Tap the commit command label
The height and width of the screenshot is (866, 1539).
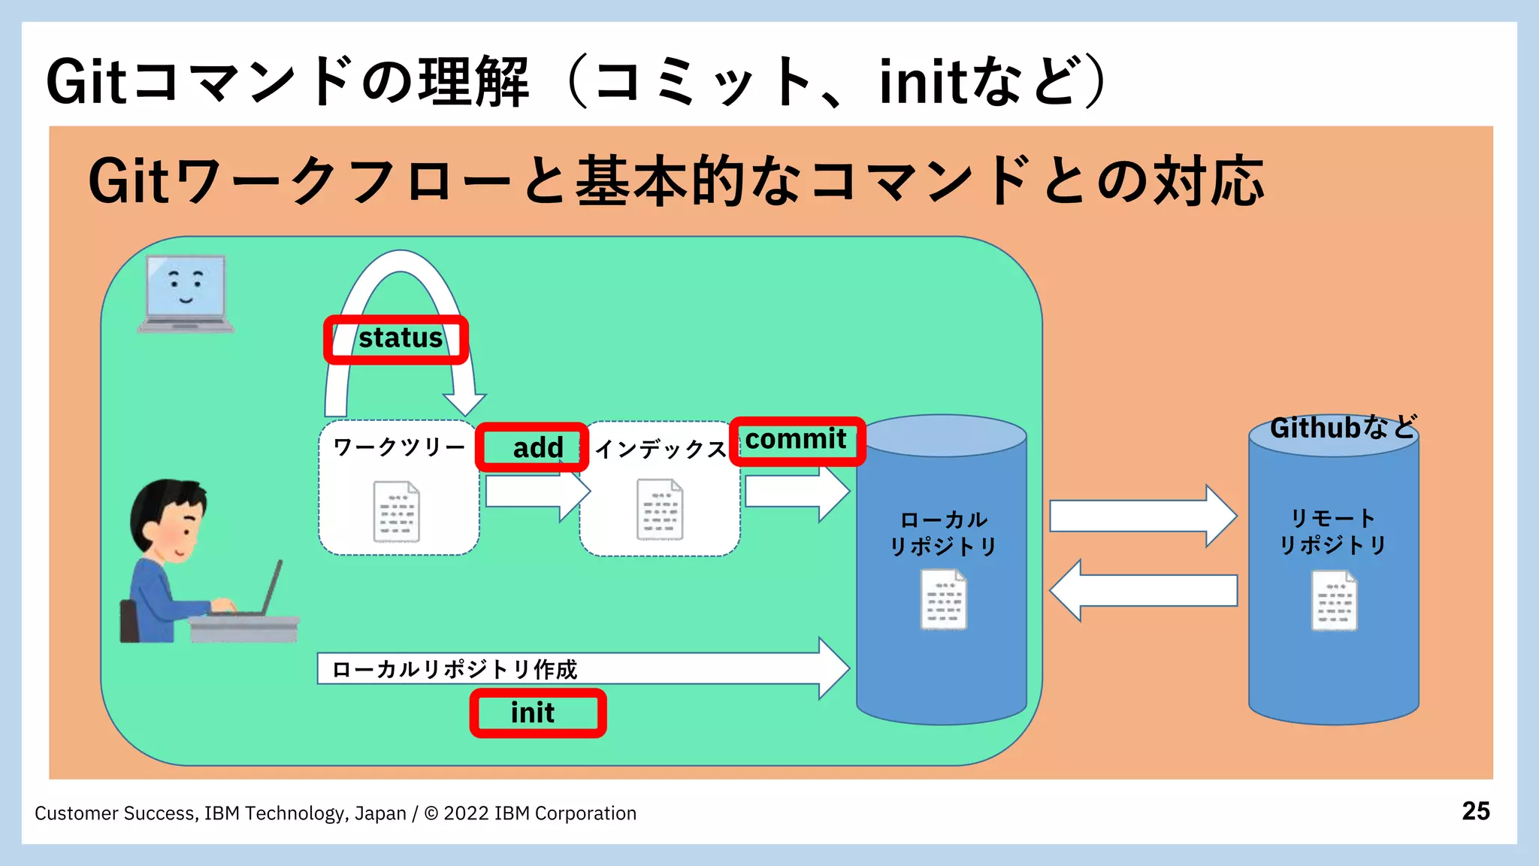click(797, 440)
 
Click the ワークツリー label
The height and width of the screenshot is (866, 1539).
click(399, 447)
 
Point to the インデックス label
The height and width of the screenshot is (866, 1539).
click(660, 450)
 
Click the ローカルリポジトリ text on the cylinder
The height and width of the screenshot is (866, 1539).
click(944, 533)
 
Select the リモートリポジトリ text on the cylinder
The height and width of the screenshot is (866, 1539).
click(1332, 531)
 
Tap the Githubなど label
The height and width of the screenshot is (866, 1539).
click(1342, 428)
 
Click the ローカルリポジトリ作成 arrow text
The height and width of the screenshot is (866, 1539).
click(454, 669)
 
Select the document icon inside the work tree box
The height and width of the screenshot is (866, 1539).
click(396, 511)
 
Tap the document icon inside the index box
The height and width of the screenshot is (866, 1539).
click(660, 510)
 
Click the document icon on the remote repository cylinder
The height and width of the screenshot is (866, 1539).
click(1334, 600)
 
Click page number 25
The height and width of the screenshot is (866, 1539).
click(1475, 811)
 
